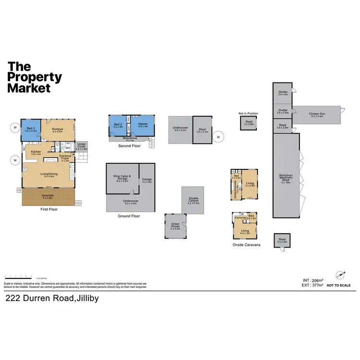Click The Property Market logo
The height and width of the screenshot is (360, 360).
[35, 77]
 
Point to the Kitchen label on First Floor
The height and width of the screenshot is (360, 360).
[36, 153]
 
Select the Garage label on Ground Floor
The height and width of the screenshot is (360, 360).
[147, 181]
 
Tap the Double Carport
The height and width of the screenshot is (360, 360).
[194, 202]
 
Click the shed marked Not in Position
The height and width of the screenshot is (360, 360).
[249, 123]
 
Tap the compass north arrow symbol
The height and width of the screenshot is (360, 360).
[341, 275]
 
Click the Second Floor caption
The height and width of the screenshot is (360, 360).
[129, 145]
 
